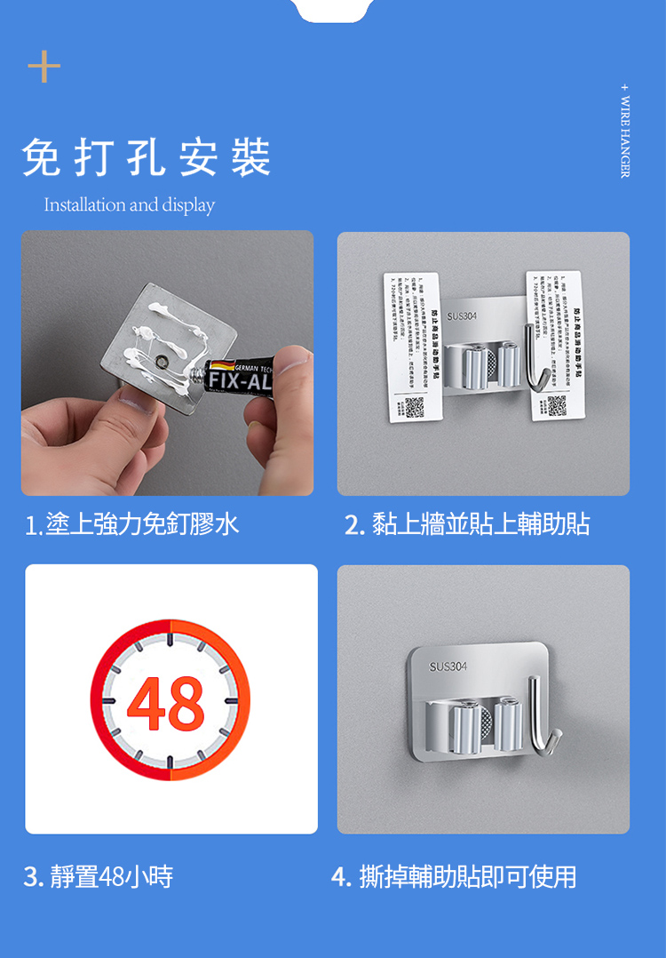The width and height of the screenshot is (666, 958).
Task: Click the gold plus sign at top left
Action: (x=44, y=67)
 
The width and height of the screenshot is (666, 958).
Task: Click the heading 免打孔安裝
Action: (x=147, y=158)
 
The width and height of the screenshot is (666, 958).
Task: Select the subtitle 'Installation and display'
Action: (x=130, y=205)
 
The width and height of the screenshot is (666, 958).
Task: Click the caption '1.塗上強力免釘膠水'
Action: (x=132, y=524)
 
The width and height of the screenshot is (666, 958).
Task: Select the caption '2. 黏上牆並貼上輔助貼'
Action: (x=467, y=524)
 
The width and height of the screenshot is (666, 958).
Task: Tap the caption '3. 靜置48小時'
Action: (x=99, y=877)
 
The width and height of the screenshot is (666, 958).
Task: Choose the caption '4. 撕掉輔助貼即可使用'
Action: (x=454, y=877)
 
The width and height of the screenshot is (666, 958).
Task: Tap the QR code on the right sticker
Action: (x=557, y=405)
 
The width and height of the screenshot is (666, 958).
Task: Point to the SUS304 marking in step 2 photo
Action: (x=462, y=315)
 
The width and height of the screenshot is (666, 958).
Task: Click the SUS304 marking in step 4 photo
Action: (x=448, y=667)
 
